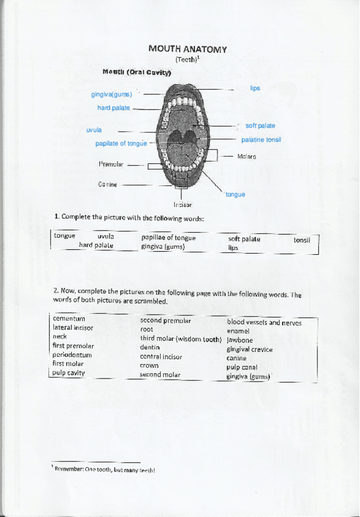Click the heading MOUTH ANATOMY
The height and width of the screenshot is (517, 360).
coord(188,49)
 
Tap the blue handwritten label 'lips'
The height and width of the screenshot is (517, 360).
coord(255,88)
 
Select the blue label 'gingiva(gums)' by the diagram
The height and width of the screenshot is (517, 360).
coord(111,95)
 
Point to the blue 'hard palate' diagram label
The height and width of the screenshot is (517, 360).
coord(113,108)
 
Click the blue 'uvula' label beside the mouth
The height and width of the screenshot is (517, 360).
coord(94,130)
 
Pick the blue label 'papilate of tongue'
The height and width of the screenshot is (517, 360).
coord(121,144)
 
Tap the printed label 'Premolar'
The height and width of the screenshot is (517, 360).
coord(111,164)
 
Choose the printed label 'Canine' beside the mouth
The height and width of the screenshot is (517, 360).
coord(108,184)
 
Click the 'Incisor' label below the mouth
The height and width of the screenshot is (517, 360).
coord(183,205)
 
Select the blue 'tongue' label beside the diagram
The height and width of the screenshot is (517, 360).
coord(235,194)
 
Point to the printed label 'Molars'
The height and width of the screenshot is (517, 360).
coord(247,157)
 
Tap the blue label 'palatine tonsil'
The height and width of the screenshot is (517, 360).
coord(261,140)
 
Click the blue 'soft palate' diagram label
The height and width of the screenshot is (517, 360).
coord(260,126)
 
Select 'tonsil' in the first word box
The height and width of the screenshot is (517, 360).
coord(302,240)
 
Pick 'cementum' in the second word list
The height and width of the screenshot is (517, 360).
coord(69,319)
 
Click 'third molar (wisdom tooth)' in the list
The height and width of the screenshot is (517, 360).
coord(180,339)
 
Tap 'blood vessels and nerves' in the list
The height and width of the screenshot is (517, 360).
coord(264,323)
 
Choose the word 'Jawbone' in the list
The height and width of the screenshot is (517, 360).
coord(240,340)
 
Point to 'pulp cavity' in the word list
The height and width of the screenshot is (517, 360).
coord(69,373)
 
